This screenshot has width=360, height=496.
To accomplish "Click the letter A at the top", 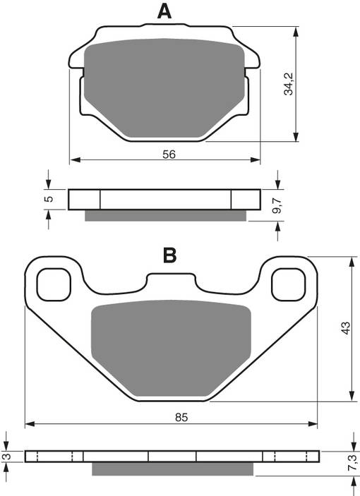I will point(164,11).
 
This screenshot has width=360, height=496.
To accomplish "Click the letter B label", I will point(169,255).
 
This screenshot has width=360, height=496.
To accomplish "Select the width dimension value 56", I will point(169,154).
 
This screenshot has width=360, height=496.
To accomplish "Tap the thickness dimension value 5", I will point(48,199).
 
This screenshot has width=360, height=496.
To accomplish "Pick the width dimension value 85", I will point(181,417).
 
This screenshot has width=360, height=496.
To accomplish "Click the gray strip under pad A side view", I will point(167,215).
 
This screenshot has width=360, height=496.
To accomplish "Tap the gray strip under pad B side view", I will point(172,468).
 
